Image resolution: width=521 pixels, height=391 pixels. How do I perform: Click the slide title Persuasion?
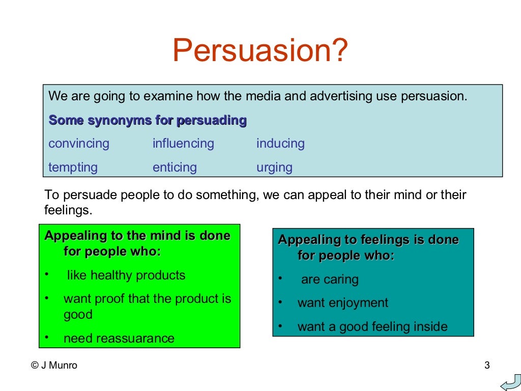(260, 51)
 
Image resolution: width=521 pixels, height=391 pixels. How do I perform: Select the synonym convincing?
(79, 144)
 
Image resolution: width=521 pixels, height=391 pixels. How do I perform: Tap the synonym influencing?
(183, 144)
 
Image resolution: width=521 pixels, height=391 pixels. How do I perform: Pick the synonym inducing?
(280, 144)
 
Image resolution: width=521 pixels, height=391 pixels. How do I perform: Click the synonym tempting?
(73, 167)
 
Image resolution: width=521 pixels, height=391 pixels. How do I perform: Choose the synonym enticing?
(175, 167)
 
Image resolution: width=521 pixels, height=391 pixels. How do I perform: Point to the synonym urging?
(274, 167)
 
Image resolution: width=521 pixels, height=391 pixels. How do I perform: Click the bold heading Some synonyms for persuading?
(148, 121)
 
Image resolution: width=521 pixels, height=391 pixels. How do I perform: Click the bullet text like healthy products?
(126, 275)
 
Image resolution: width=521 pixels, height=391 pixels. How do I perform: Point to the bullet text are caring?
(330, 280)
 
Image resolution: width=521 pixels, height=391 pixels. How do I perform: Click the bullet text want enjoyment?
(342, 303)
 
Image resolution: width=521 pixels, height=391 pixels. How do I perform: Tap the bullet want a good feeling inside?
(372, 326)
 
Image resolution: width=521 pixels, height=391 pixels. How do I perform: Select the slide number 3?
(487, 365)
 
